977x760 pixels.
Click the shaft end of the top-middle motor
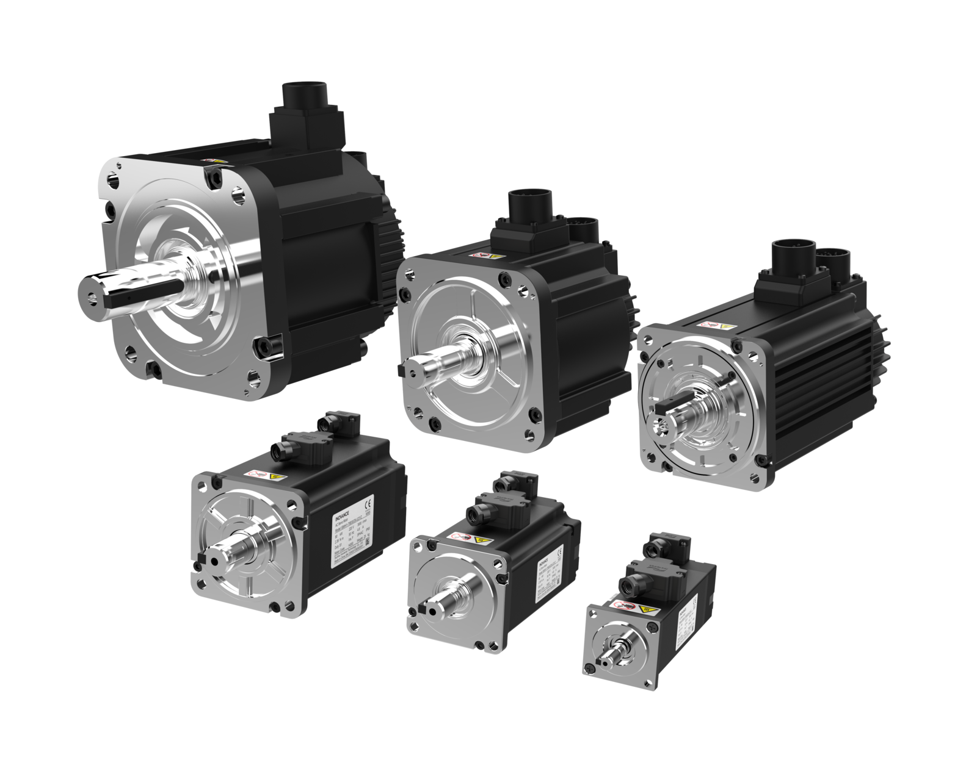point(415,370)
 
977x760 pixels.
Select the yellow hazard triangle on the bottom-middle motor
point(481,540)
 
